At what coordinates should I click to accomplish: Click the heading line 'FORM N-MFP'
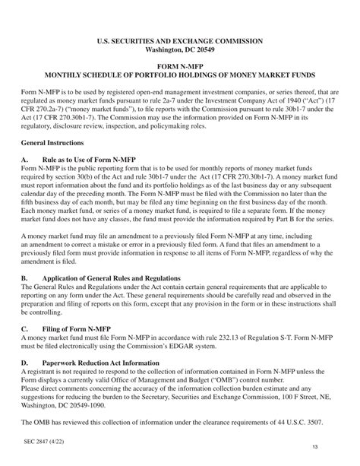[180, 68]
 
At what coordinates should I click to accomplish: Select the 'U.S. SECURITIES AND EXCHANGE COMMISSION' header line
[180, 40]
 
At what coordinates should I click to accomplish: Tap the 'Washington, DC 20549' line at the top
[180, 49]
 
